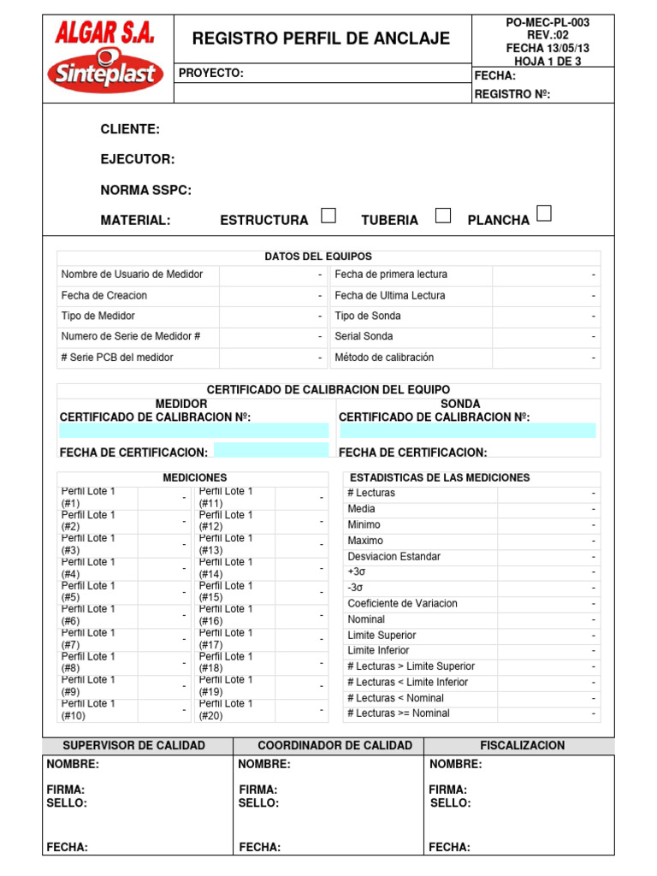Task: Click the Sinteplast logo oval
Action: (x=105, y=72)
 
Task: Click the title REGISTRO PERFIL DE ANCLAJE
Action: (x=321, y=38)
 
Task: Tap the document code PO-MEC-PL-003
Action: (x=547, y=22)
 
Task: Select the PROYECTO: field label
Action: (x=211, y=74)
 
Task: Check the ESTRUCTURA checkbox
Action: (x=328, y=216)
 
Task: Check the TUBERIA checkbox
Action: (x=442, y=216)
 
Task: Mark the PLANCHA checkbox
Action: (x=543, y=214)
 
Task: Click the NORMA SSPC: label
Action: (x=146, y=190)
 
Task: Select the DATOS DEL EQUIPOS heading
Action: (x=318, y=257)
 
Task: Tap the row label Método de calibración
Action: (x=384, y=358)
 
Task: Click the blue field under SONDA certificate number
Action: (x=467, y=430)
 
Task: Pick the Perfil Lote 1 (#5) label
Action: (x=87, y=592)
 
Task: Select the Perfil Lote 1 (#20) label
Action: (x=226, y=709)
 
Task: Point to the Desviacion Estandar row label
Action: (x=394, y=557)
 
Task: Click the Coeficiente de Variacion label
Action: (x=402, y=604)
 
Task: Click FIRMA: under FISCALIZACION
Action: (x=447, y=790)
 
